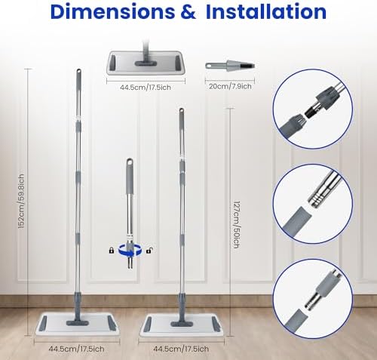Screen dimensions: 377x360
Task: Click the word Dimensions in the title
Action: click(x=112, y=11)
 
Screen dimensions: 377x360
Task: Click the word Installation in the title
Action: click(x=266, y=11)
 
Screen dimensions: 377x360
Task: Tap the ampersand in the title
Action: click(x=188, y=12)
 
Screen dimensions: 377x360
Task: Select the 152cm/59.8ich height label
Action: click(x=22, y=202)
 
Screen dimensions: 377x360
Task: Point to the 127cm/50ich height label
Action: click(x=236, y=224)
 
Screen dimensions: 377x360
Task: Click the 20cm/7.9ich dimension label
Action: click(x=230, y=86)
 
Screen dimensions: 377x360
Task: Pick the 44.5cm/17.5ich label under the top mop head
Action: click(x=146, y=88)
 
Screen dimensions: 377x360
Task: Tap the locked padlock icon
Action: click(x=112, y=251)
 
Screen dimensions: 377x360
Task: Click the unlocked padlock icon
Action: click(x=149, y=251)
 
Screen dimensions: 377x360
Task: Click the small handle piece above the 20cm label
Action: click(x=230, y=66)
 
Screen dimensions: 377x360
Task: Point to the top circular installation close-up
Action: click(x=313, y=109)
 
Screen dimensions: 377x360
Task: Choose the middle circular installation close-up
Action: click(x=313, y=204)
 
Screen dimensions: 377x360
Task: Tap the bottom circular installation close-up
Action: click(x=313, y=299)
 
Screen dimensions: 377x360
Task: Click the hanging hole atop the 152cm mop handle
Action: click(x=79, y=72)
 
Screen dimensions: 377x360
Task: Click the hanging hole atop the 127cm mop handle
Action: click(x=181, y=111)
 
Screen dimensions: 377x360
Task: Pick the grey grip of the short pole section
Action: click(x=130, y=177)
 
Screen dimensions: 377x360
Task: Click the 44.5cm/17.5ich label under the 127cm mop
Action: click(x=181, y=349)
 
